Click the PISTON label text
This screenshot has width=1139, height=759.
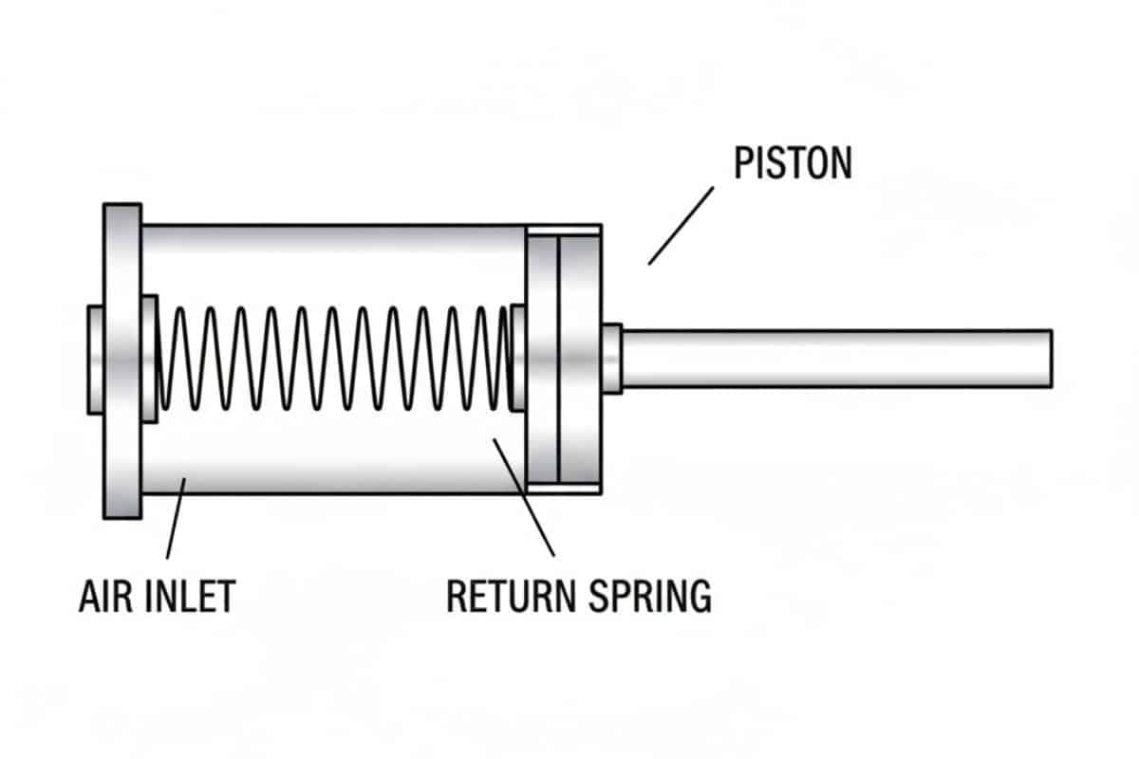[793, 163]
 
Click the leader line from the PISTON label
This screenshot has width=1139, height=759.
[681, 225]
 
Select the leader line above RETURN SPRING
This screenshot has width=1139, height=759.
[523, 497]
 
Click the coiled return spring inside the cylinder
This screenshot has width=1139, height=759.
[332, 358]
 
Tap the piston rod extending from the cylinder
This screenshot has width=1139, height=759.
[835, 359]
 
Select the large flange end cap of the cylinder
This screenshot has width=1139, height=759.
[122, 361]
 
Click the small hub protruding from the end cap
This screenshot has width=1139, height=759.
[95, 359]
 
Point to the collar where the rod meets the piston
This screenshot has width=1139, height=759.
[611, 359]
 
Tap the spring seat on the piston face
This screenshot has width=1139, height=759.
[517, 358]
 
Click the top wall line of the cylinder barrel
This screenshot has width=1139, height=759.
[332, 226]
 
